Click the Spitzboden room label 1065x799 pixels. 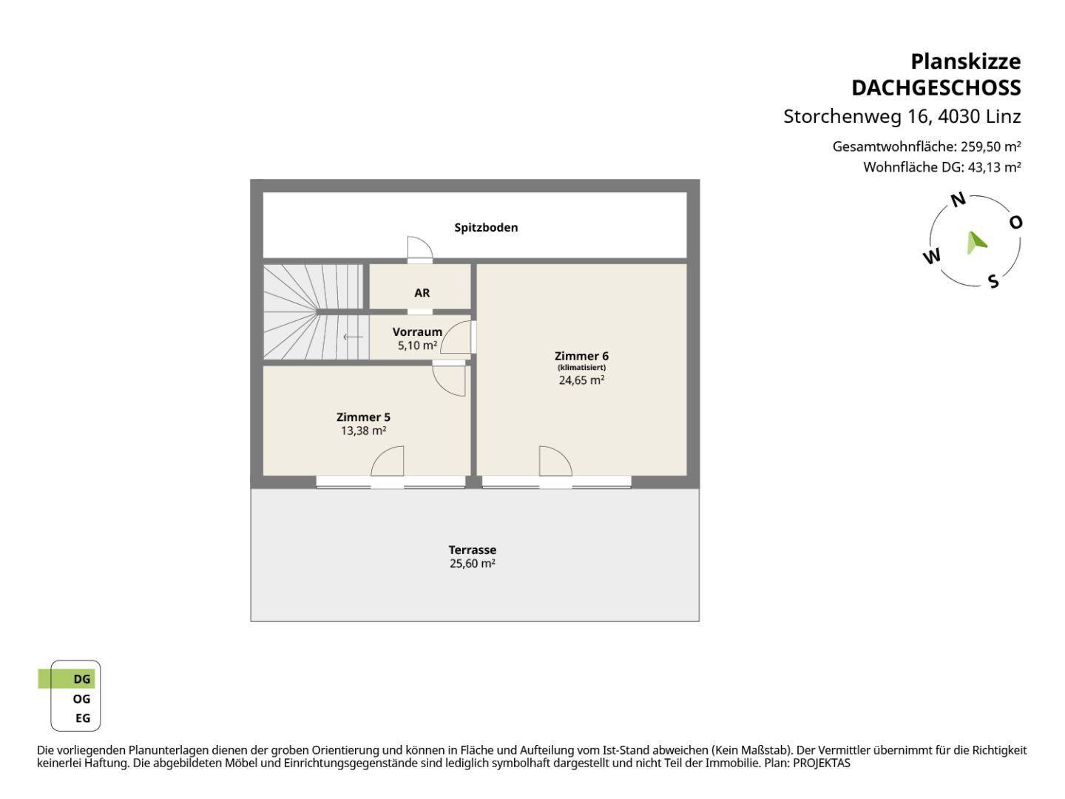click(x=486, y=228)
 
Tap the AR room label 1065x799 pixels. click(x=422, y=293)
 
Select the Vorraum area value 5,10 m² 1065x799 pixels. click(x=417, y=345)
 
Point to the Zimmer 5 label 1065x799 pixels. click(x=363, y=417)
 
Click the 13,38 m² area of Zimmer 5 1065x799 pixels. click(x=363, y=431)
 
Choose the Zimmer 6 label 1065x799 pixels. click(x=581, y=356)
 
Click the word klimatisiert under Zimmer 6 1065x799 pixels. click(x=581, y=368)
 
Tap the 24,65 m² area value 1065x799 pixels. click(x=581, y=380)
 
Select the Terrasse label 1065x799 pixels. click(x=472, y=550)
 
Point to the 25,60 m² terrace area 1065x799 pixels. click(x=472, y=564)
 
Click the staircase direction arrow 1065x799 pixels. click(x=353, y=337)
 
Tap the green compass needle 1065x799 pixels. click(x=976, y=243)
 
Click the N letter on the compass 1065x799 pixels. click(x=958, y=200)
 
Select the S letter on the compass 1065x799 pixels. click(x=993, y=281)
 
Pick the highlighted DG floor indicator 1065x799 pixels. click(x=67, y=678)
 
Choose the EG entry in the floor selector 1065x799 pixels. click(x=83, y=718)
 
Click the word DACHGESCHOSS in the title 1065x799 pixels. click(x=936, y=88)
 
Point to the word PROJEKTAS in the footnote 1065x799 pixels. click(x=822, y=763)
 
